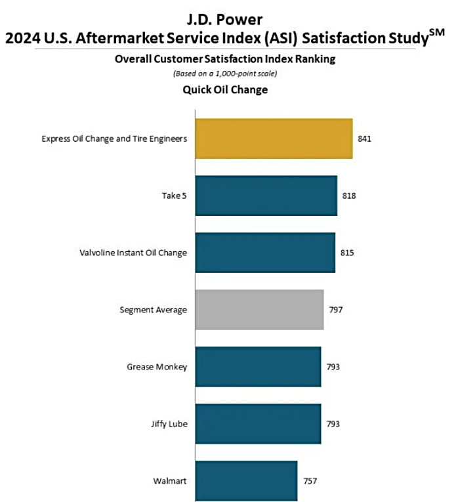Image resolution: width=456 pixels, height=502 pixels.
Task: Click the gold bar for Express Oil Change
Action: pyautogui.click(x=274, y=138)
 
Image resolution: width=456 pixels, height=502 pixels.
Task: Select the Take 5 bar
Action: pyautogui.click(x=266, y=196)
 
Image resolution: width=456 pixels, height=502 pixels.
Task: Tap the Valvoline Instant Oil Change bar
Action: pyautogui.click(x=265, y=253)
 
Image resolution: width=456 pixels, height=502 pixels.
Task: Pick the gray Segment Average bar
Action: pyautogui.click(x=259, y=310)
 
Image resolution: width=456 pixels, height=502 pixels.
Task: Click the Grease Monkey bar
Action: pyautogui.click(x=258, y=367)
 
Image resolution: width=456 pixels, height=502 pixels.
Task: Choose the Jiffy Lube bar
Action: pyautogui.click(x=258, y=424)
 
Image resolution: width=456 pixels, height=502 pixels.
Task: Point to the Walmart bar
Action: pyautogui.click(x=246, y=481)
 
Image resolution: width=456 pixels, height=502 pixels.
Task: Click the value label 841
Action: pyautogui.click(x=365, y=138)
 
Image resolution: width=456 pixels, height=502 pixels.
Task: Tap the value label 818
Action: pyautogui.click(x=349, y=196)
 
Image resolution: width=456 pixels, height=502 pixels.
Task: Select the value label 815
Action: pyautogui.click(x=347, y=253)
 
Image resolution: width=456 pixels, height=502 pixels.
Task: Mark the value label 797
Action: pyautogui.click(x=335, y=310)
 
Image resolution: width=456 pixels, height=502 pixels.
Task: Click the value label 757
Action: pyautogui.click(x=309, y=481)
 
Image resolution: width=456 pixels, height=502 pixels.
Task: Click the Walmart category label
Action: pyautogui.click(x=169, y=481)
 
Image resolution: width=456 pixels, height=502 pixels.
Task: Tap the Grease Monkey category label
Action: pyautogui.click(x=157, y=367)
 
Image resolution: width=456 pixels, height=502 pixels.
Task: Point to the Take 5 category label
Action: pyautogui.click(x=174, y=196)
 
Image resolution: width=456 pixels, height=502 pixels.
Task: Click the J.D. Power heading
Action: pyautogui.click(x=225, y=18)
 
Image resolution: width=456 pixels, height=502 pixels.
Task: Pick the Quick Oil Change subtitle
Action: pyautogui.click(x=225, y=90)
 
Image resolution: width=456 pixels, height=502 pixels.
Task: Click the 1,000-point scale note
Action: pyautogui.click(x=225, y=73)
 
